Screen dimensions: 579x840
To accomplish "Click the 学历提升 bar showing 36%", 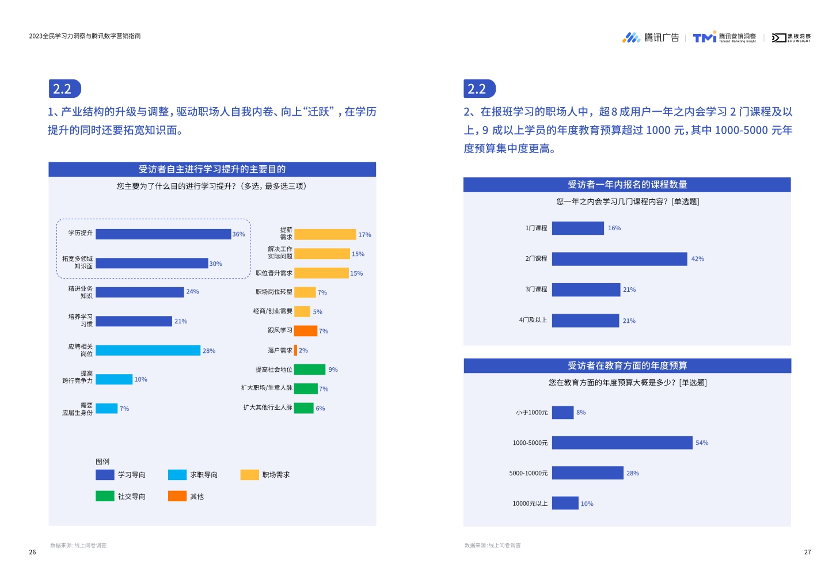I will pos(163,234).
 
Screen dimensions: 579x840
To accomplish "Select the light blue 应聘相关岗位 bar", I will pos(148,351).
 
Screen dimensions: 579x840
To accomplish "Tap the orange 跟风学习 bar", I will pos(305,331).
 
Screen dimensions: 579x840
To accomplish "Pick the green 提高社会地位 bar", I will pos(310,370).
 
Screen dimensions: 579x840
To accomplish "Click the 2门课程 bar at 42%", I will pos(619,259).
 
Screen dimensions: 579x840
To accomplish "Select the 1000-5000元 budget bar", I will pos(622,443).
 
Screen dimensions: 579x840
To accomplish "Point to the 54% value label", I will pos(702,443).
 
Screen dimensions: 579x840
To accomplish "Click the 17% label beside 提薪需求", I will pos(364,235).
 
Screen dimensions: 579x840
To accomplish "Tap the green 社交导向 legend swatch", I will pos(105,496).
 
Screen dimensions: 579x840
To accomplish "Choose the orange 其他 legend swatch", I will pos(177,496).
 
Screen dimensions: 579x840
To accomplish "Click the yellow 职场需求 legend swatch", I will pos(249,475).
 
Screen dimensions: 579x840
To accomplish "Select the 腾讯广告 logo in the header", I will pos(651,38).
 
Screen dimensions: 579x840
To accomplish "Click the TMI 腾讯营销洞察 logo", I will pos(724,38).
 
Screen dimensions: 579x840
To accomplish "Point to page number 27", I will pos(807,553).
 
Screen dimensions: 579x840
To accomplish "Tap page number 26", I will pos(32,553).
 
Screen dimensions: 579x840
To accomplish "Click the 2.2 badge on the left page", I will pos(64,89).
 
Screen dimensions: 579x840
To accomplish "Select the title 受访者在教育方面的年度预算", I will pos(627,366).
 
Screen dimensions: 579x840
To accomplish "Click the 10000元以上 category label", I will pos(530,504).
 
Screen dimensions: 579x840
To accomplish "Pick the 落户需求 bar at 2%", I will pos(295,351).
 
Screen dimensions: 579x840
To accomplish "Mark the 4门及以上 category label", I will pos(533,320).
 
